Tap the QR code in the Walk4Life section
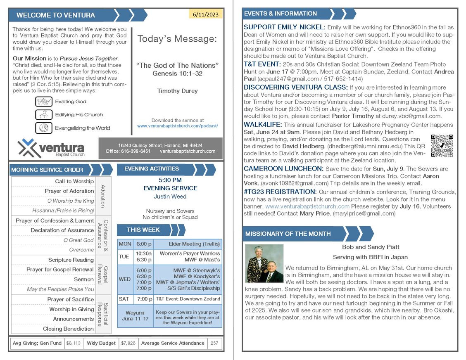[x=442, y=146]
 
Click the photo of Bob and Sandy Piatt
[x=264, y=263]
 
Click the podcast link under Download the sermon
[x=177, y=126]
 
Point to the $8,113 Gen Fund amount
[x=74, y=343]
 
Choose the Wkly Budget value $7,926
[x=128, y=343]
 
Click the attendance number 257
[x=214, y=343]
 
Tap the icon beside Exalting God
[x=43, y=102]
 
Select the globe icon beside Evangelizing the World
[x=43, y=128]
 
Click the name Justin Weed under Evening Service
[x=170, y=197]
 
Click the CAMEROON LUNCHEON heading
[x=283, y=169]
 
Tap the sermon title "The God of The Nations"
[x=177, y=65]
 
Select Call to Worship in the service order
[x=74, y=181]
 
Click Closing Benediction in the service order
[x=68, y=329]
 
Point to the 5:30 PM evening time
[x=170, y=180]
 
